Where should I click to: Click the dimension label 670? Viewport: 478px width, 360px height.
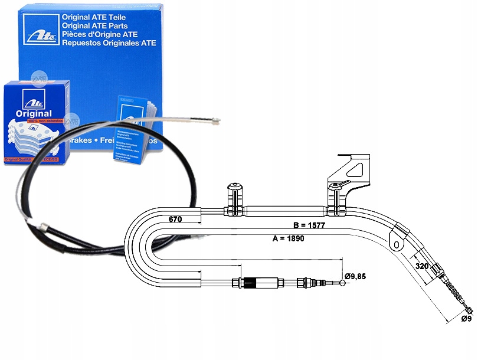[175, 220]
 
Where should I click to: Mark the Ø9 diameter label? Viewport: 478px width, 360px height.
[466, 319]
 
